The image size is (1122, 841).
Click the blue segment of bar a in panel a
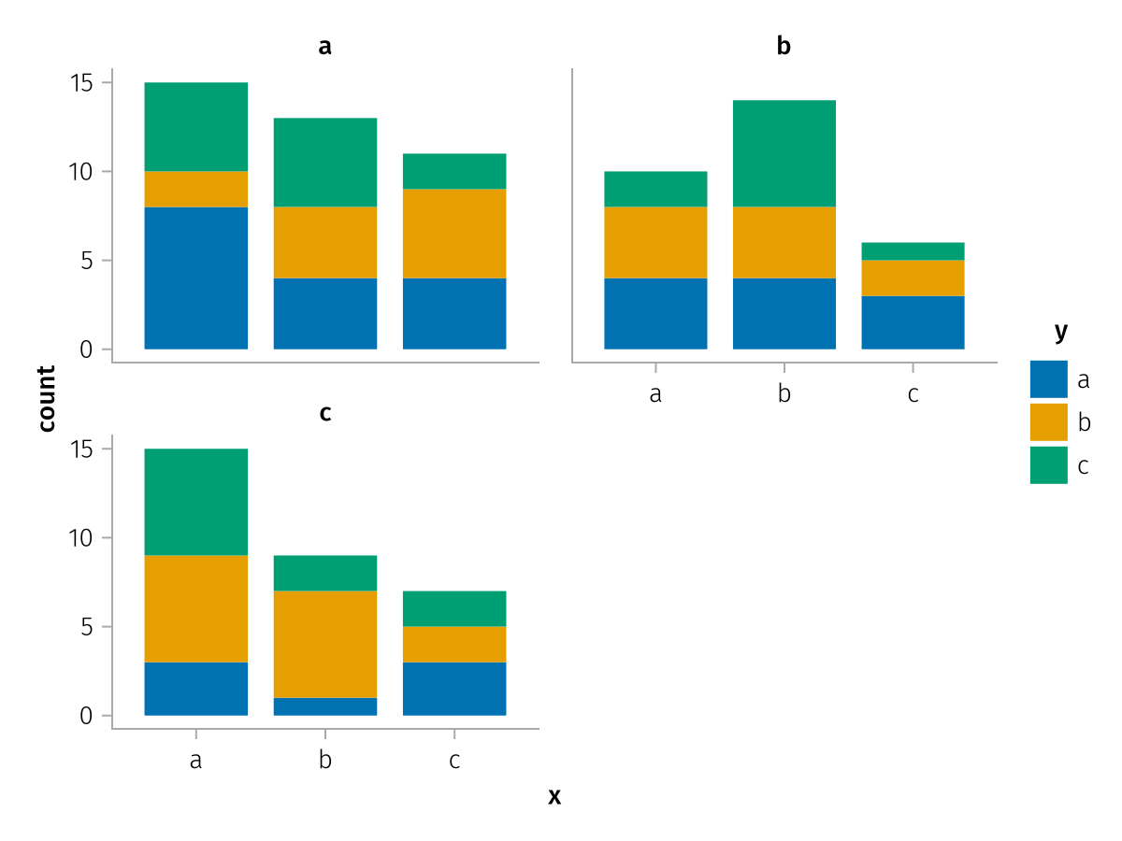195,278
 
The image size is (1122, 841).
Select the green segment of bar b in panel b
784,153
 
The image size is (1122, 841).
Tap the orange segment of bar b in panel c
324,644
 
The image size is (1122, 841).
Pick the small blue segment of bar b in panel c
324,706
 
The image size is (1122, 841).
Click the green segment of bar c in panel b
913,251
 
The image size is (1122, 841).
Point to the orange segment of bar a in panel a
195,189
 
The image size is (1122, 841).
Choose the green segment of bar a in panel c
195,502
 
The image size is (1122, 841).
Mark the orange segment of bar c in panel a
453,234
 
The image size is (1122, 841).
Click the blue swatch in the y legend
1048,379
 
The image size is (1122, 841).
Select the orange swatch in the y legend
1048,421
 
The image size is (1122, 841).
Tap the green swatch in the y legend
1048,464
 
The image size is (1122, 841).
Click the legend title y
1060,332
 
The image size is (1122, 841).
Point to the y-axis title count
47,398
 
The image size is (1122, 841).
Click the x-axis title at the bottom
554,796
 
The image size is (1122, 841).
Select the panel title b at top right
784,46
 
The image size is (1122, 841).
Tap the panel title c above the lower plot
324,412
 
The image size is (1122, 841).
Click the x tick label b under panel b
784,394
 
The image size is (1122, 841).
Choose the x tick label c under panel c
453,761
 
